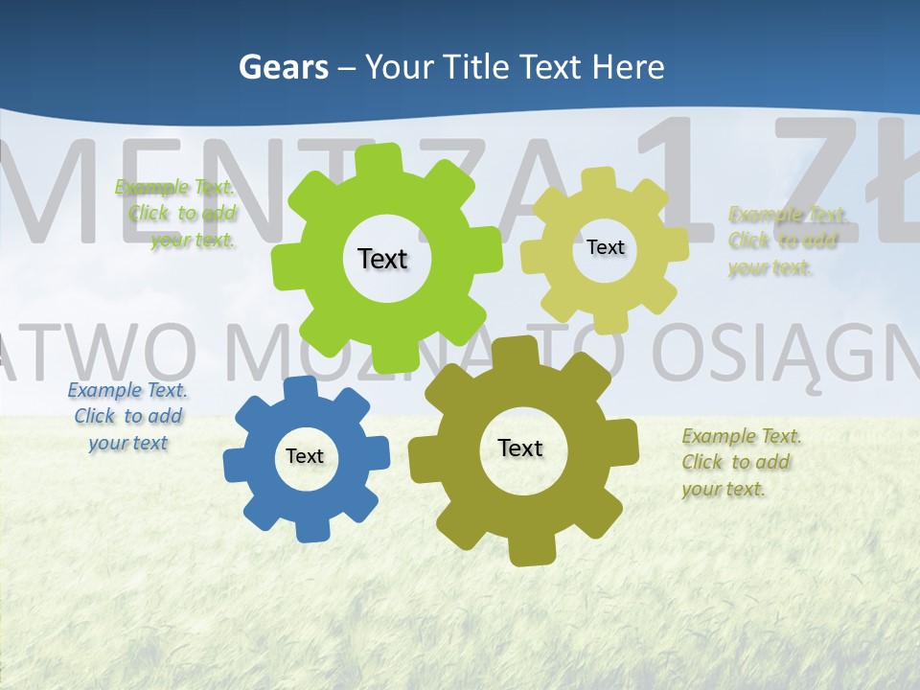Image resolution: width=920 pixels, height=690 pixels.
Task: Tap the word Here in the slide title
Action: (x=629, y=67)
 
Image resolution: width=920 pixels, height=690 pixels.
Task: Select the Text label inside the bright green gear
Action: (x=382, y=259)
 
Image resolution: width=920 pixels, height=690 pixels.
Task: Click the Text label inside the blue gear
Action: (x=305, y=457)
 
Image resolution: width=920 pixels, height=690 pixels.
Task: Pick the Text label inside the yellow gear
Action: (x=605, y=247)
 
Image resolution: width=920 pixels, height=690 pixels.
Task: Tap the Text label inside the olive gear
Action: (x=520, y=448)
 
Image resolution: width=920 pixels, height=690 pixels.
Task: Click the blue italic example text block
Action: (x=127, y=417)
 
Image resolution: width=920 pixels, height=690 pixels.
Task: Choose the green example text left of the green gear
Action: (x=177, y=214)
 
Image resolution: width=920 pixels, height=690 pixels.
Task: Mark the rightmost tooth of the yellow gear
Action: (x=678, y=243)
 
